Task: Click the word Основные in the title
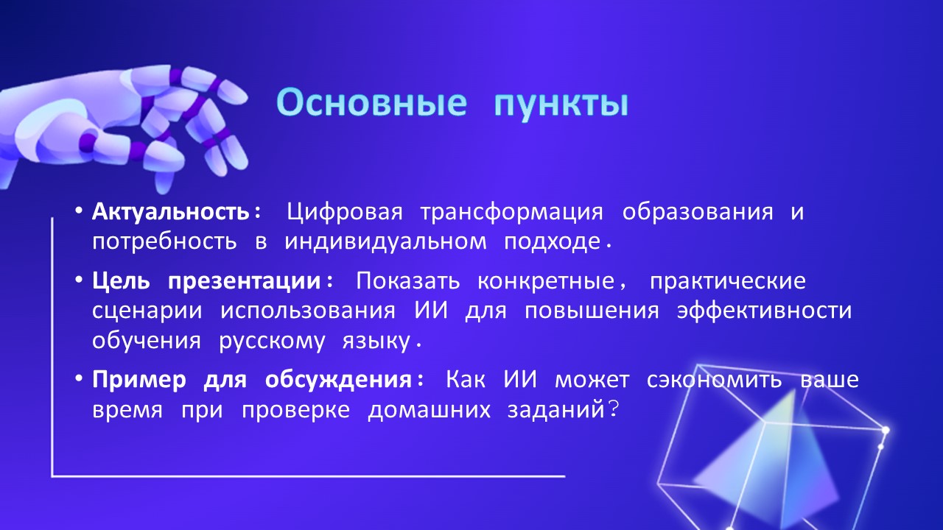(371, 102)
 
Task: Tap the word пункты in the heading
(561, 105)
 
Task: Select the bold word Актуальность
(171, 211)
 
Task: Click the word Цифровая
(345, 212)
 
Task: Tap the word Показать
(408, 281)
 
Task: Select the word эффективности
(764, 311)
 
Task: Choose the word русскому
(272, 342)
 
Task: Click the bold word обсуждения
(338, 381)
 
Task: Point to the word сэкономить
(715, 380)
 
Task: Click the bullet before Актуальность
(78, 211)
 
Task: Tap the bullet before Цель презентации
(78, 280)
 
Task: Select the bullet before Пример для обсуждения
(78, 379)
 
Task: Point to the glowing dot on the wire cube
(886, 431)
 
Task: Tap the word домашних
(430, 410)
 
